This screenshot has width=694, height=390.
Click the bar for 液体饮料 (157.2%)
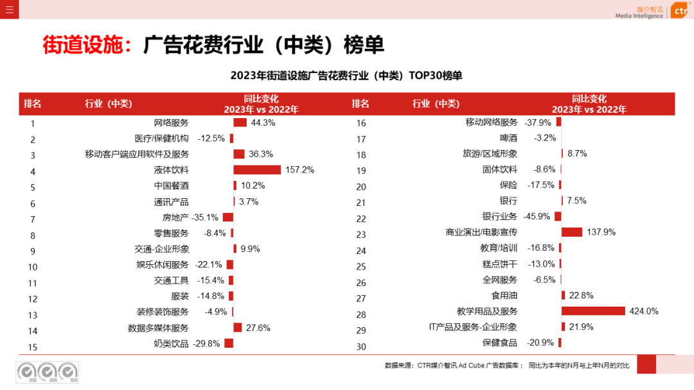(257, 170)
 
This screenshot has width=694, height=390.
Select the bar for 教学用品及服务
(593, 311)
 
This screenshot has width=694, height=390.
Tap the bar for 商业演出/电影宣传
(572, 232)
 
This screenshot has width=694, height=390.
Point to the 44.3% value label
(263, 123)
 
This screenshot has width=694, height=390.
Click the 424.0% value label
(645, 311)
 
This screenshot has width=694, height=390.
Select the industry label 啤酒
(508, 138)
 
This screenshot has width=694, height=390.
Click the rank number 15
(33, 347)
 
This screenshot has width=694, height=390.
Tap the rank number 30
(360, 346)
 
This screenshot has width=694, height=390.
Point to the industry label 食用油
(504, 296)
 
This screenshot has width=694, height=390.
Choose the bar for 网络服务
(240, 123)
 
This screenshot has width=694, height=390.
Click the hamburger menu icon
(9, 9)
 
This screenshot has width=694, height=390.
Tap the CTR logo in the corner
(680, 11)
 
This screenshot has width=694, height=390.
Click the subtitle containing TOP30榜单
(346, 76)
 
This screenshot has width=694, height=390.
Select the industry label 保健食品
(499, 343)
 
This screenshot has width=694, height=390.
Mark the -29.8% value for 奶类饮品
(206, 343)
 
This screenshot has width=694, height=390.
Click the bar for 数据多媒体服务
(237, 328)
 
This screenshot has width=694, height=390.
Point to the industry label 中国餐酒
(172, 186)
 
